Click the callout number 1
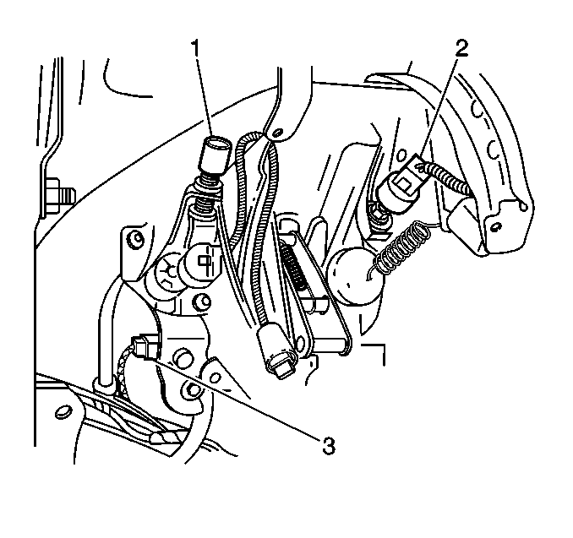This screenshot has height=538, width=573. point(197,48)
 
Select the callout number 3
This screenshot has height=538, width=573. point(329,445)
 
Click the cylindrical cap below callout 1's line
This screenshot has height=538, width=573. point(216,157)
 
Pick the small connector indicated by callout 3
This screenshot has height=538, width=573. point(145,345)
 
